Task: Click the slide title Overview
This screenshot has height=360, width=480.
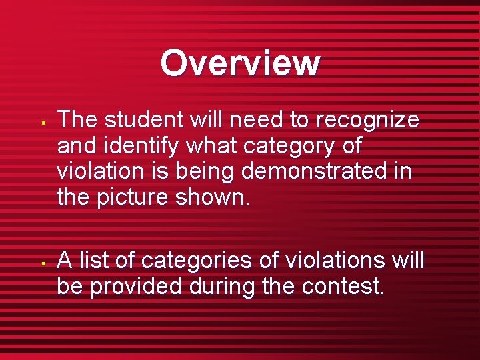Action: click(x=240, y=63)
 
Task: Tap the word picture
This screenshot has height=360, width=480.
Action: click(x=135, y=197)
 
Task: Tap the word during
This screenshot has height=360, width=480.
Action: click(x=224, y=287)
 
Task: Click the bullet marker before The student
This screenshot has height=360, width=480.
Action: click(x=41, y=123)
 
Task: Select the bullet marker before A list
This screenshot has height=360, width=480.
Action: click(x=41, y=263)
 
